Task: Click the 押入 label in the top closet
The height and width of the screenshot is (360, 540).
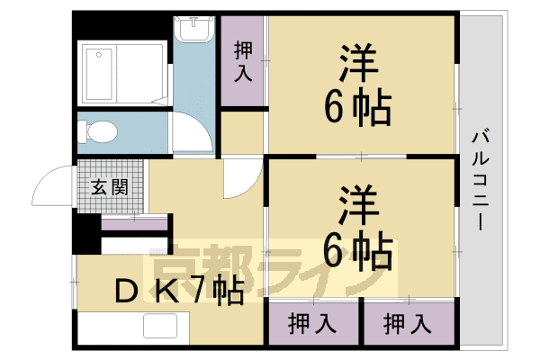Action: (242, 61)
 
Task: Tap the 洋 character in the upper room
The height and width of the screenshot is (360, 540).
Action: (359, 66)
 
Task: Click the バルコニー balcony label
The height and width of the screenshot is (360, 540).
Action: (478, 179)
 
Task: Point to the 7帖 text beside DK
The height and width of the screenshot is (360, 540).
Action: (221, 290)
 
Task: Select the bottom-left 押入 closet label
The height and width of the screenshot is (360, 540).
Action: (310, 321)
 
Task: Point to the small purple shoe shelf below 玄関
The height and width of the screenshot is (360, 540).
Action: (134, 223)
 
